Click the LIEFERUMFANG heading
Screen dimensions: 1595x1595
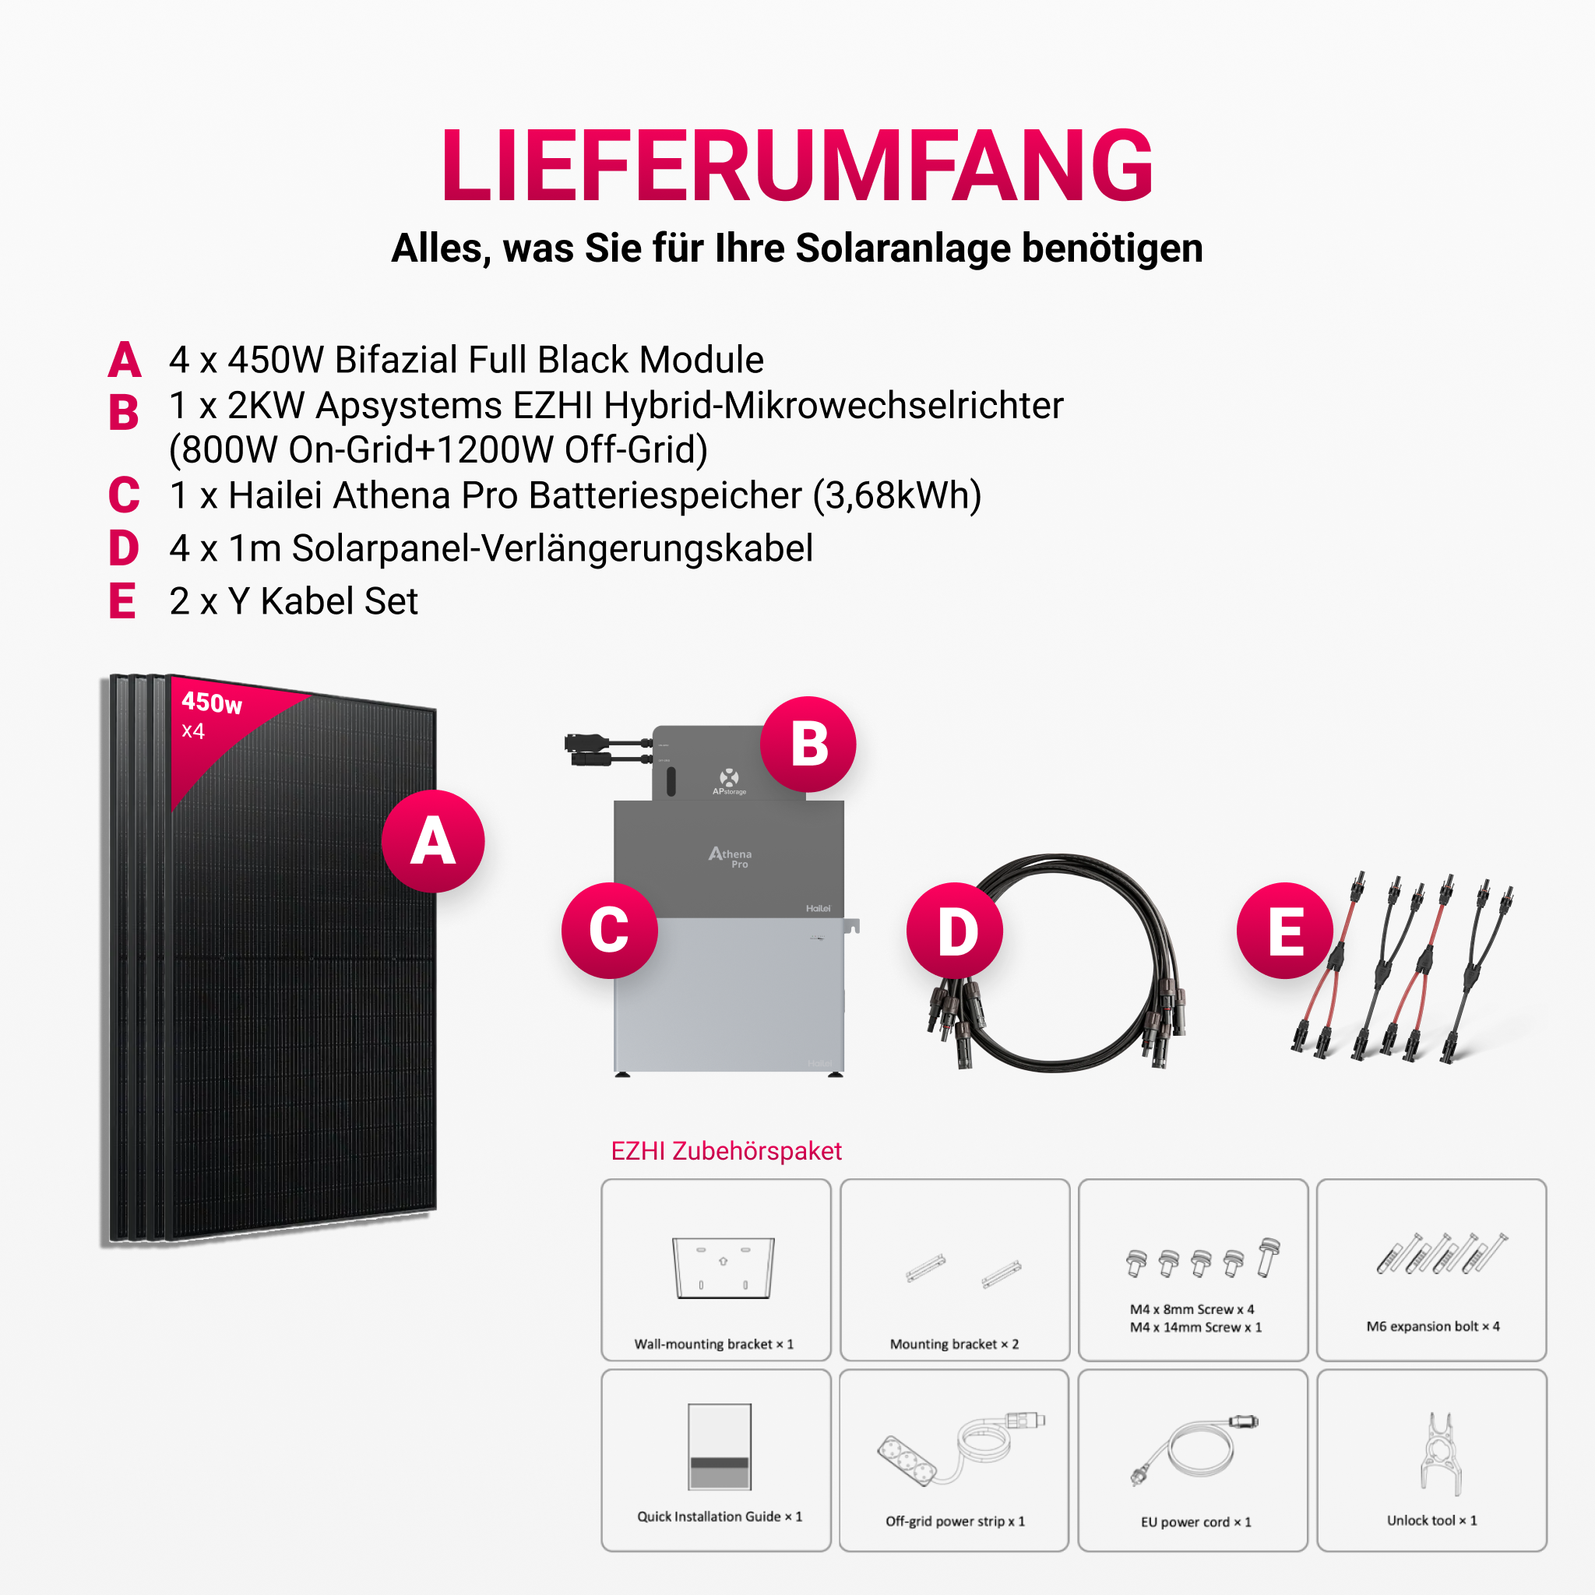click(797, 165)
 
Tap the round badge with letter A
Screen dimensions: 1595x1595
click(432, 841)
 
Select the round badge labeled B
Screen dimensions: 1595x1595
click(808, 744)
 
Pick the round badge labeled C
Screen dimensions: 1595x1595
click(609, 931)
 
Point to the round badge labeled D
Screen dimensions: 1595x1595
click(955, 931)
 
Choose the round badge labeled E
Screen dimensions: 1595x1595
click(1285, 931)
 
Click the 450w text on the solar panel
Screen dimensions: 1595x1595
click(211, 702)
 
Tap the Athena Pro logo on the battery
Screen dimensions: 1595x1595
click(730, 857)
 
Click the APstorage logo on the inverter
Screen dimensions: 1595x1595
click(729, 781)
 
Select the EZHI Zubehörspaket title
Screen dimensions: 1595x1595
click(727, 1151)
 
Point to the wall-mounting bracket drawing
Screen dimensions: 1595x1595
click(724, 1267)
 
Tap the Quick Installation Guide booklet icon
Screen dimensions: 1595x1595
click(720, 1446)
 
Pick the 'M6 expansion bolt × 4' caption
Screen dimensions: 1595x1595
click(1433, 1326)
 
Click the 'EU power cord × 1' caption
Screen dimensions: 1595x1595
click(1196, 1522)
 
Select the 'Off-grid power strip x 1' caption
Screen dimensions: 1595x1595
click(955, 1521)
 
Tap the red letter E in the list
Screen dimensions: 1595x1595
click(122, 601)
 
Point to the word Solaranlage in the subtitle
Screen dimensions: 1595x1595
click(903, 248)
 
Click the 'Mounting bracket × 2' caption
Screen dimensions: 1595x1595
click(954, 1344)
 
